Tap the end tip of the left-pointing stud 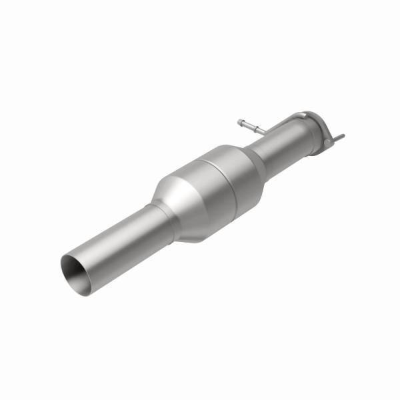click(x=239, y=121)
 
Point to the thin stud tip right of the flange click(x=341, y=137)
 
